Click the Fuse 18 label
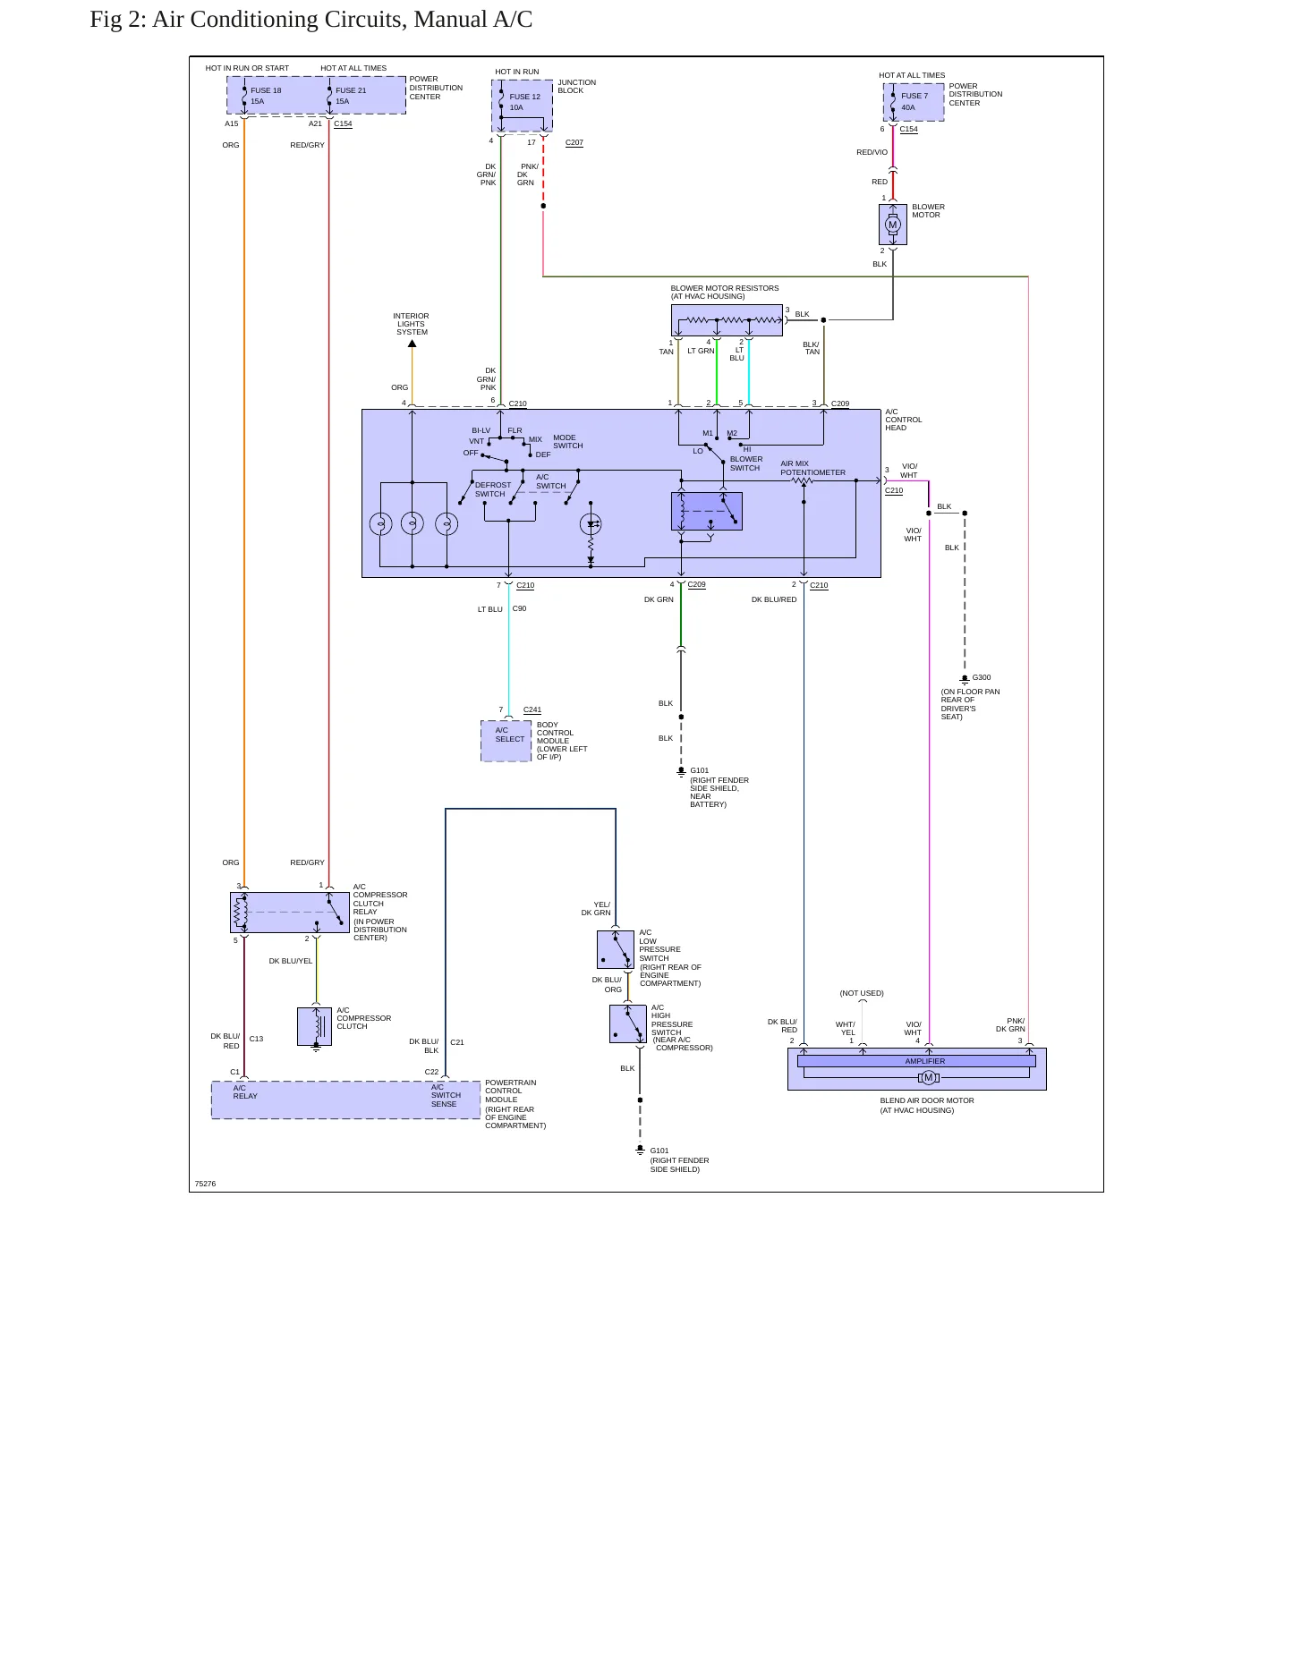[x=266, y=90]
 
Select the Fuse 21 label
[x=351, y=90]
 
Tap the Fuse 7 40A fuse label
[x=914, y=101]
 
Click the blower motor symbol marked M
[x=893, y=225]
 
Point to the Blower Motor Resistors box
[x=727, y=320]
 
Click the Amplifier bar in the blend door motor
[x=916, y=1061]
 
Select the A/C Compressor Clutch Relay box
[x=290, y=913]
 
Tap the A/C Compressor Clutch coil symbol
[x=315, y=1026]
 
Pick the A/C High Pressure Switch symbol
[x=628, y=1023]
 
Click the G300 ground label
[x=982, y=677]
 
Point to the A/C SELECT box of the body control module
[x=506, y=741]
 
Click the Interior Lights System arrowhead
[x=413, y=343]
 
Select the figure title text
[x=310, y=20]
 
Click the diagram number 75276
[x=205, y=1184]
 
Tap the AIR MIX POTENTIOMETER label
[x=812, y=468]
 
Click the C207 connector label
[x=574, y=142]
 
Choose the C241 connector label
[x=532, y=709]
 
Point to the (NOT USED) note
[x=862, y=993]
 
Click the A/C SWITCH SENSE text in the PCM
[x=446, y=1095]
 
